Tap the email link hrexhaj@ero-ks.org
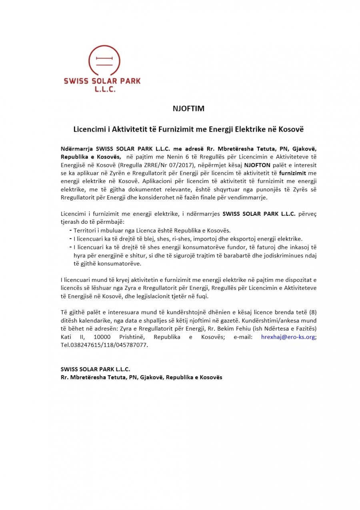(x=288, y=337)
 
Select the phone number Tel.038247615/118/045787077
(x=104, y=345)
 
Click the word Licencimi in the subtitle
(x=88, y=130)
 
